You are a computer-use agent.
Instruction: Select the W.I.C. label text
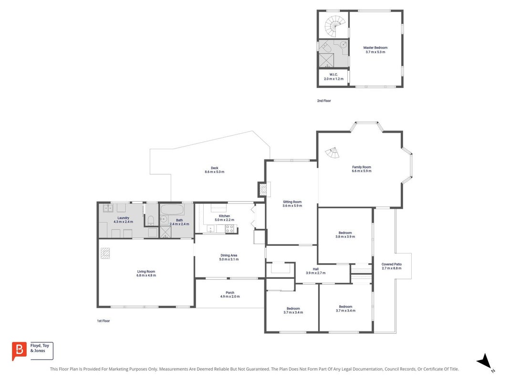coord(333,74)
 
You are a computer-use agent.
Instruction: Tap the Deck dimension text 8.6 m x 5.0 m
coord(215,172)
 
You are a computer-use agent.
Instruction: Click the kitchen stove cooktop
coord(230,229)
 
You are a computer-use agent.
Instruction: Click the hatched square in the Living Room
coord(105,253)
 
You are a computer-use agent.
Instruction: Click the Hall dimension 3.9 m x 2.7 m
coord(315,273)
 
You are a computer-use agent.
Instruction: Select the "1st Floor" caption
coord(104,321)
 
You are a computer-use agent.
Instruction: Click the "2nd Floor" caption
coord(324,101)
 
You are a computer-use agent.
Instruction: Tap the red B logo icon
coord(19,351)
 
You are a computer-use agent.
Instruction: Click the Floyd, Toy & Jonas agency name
coord(40,348)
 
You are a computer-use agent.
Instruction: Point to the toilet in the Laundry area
coord(151,221)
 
